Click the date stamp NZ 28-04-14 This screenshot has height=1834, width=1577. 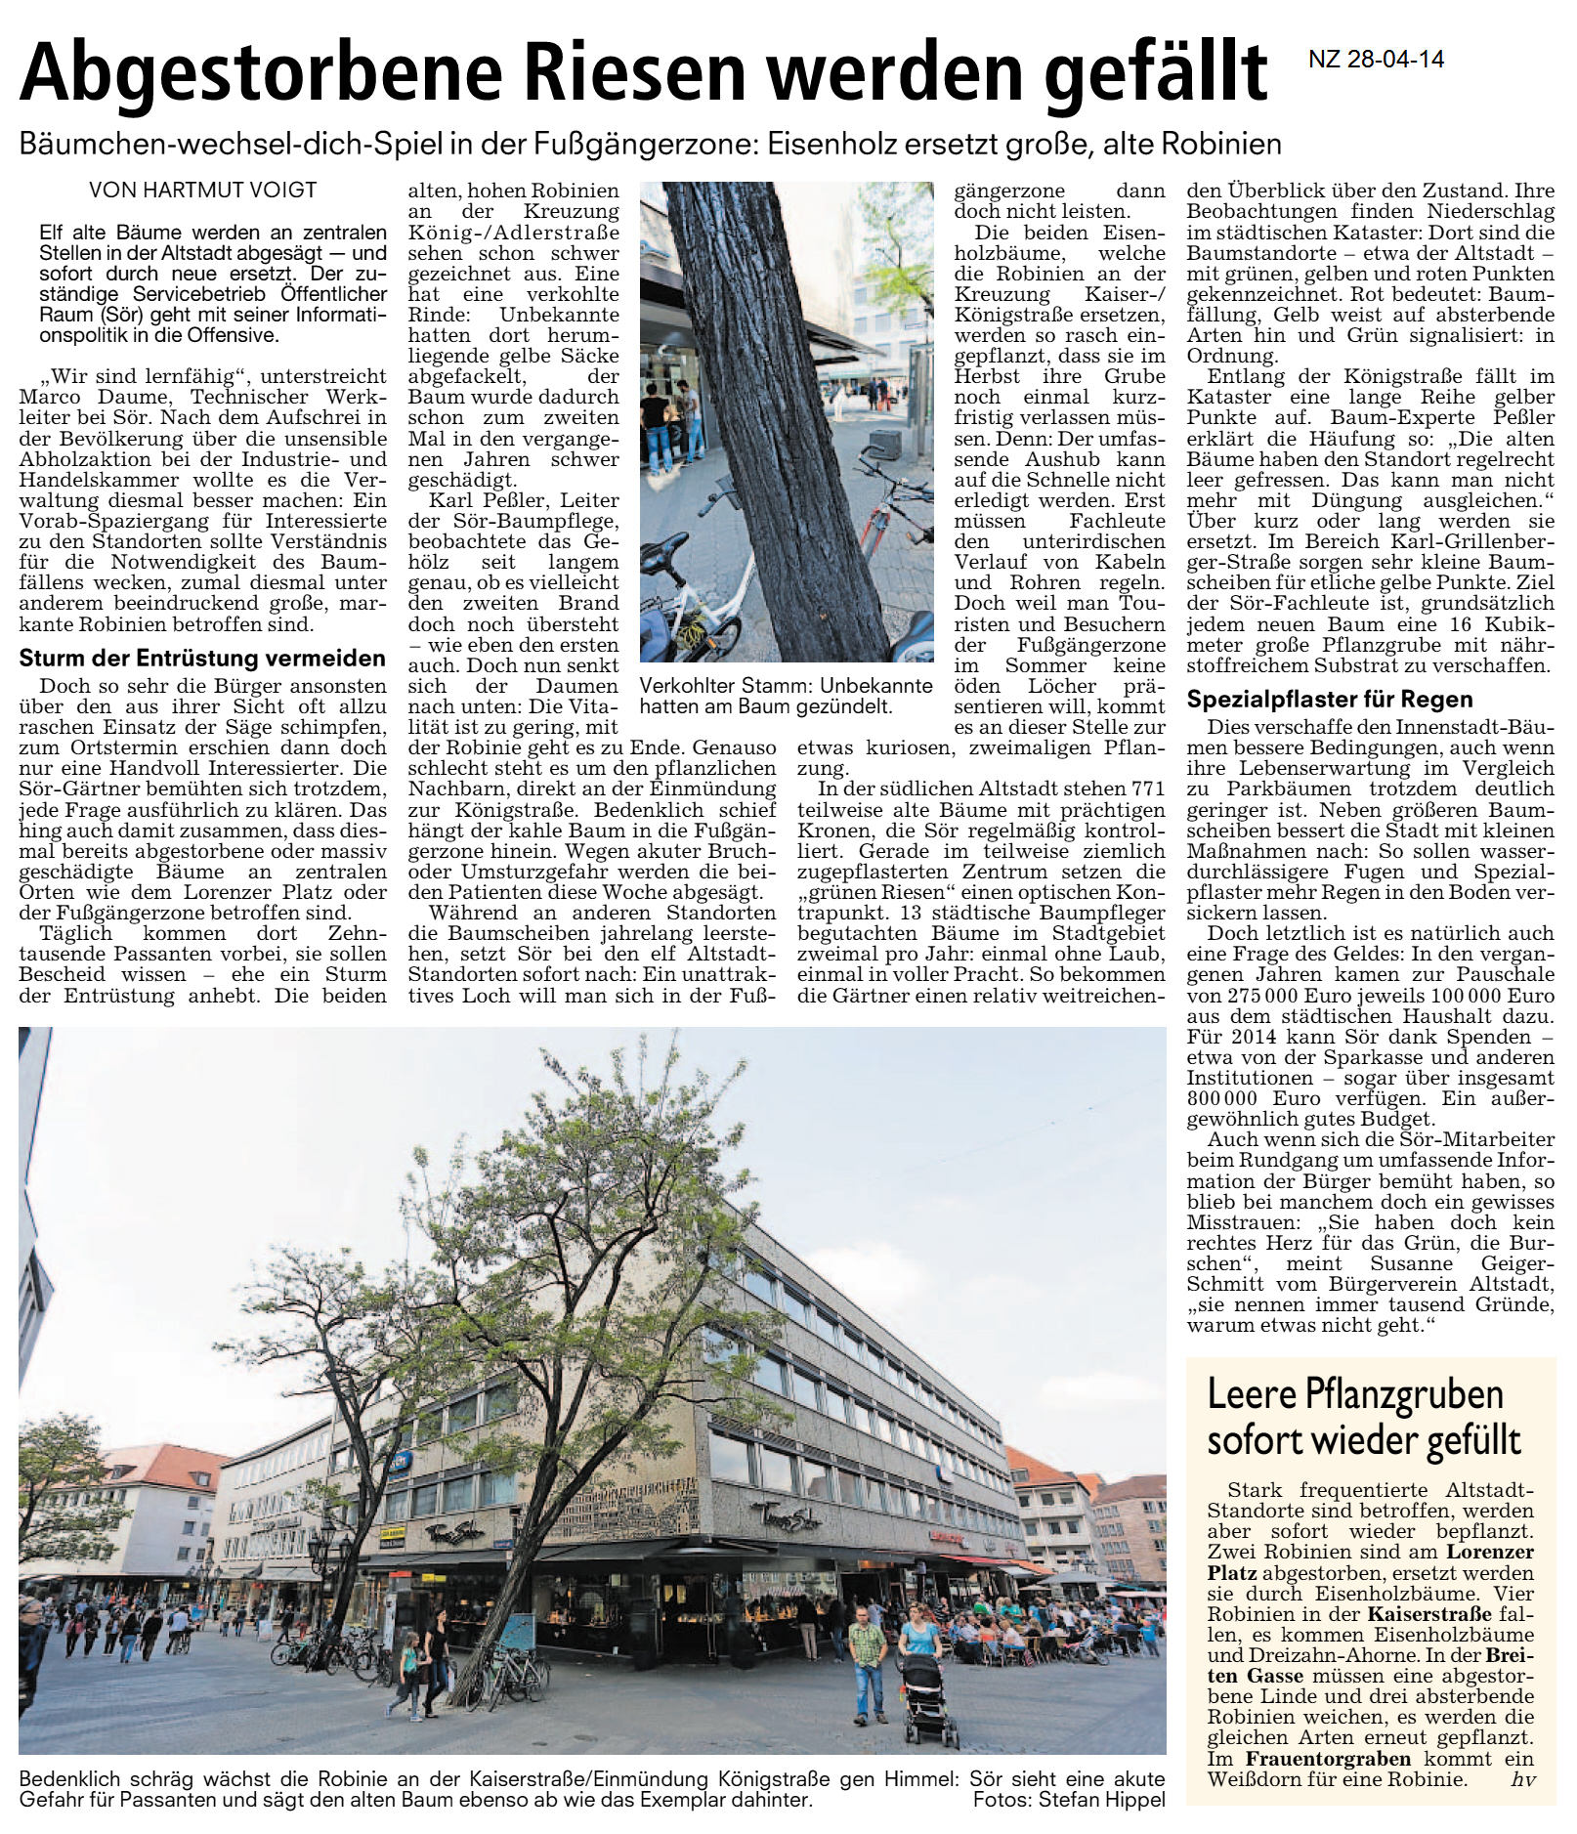coord(1376,60)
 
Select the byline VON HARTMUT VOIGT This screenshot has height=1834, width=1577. coord(203,191)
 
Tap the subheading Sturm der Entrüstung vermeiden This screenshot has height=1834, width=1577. coord(202,658)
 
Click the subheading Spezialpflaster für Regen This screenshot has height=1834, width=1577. coord(1330,699)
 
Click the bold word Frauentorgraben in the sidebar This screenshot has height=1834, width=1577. coord(1314,1758)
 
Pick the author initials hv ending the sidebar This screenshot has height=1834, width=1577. coord(1522,1779)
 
